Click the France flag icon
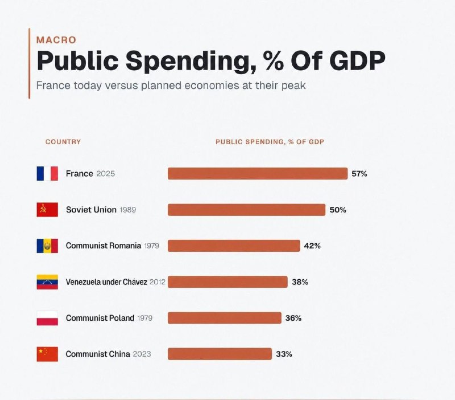(x=47, y=174)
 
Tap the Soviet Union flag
(x=47, y=210)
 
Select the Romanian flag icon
(x=47, y=246)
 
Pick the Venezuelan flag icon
(x=47, y=282)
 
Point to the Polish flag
(x=47, y=318)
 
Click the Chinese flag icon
(x=47, y=354)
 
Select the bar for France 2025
(x=258, y=174)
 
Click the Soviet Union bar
(x=247, y=210)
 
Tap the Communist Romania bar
(x=234, y=246)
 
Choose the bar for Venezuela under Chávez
(x=228, y=282)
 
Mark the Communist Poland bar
(x=225, y=318)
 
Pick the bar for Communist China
(x=220, y=354)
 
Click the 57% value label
(x=359, y=174)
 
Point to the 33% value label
(x=284, y=354)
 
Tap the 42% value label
(x=312, y=246)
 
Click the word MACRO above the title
(x=56, y=40)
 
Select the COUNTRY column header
(x=63, y=142)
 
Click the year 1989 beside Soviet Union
(x=128, y=210)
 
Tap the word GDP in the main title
(x=358, y=60)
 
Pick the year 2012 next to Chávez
(x=158, y=282)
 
